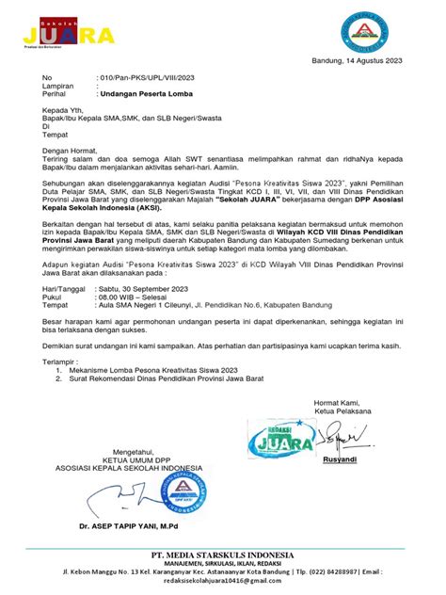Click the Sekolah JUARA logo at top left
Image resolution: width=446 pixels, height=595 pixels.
68,34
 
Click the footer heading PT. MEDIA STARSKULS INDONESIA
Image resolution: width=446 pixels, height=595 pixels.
221,555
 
